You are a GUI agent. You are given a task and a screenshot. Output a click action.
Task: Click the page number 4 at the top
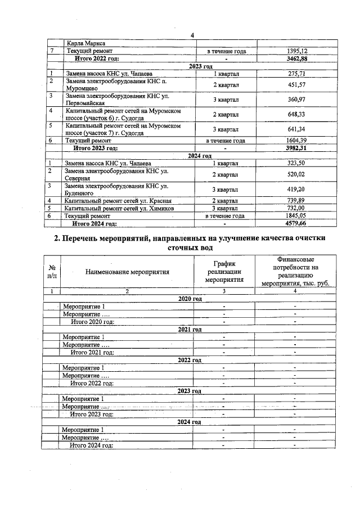coord(192,35)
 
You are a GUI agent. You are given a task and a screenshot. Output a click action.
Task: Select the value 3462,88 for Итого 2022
coord(298,58)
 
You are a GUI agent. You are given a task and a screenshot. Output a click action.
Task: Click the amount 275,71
coord(298,74)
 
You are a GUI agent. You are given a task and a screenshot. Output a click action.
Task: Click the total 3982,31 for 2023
coord(298,148)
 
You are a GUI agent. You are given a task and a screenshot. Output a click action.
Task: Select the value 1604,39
coord(298,141)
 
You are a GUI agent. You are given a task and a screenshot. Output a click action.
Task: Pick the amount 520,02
coord(298,174)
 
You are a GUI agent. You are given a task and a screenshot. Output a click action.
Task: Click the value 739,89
coord(298,201)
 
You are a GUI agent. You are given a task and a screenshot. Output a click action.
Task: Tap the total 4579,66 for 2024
coord(298,223)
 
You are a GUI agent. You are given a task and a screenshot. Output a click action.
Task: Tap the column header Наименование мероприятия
coord(127,272)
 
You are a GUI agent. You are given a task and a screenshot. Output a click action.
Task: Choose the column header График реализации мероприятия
coord(224,271)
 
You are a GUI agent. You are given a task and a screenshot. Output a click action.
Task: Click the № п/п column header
coord(52,272)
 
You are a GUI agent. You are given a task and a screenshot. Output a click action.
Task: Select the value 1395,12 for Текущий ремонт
coord(298,51)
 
